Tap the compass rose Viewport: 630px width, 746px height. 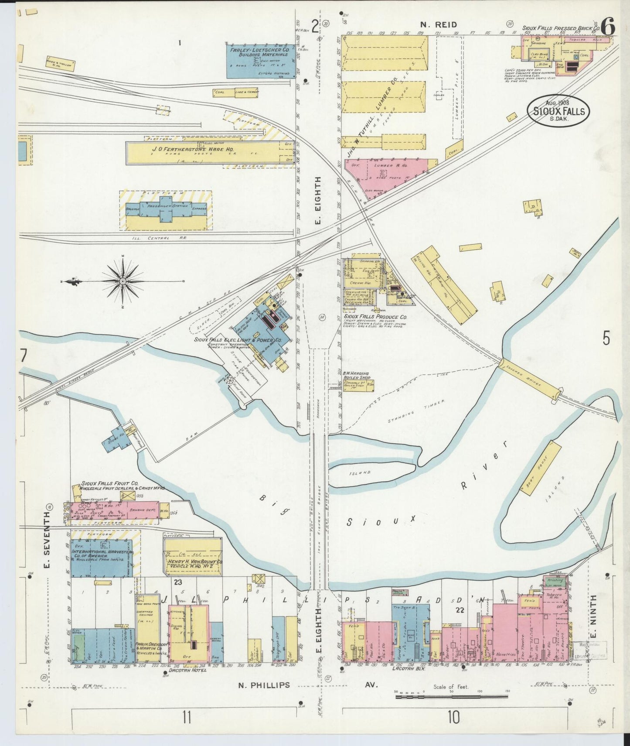(x=123, y=282)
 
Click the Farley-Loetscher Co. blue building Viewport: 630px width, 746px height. (x=259, y=60)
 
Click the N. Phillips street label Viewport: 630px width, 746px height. (x=264, y=685)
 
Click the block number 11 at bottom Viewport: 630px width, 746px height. (x=187, y=717)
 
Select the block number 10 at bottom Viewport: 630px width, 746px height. (x=453, y=717)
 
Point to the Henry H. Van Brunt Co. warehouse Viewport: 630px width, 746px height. (x=193, y=557)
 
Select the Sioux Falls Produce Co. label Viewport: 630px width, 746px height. (x=374, y=317)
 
